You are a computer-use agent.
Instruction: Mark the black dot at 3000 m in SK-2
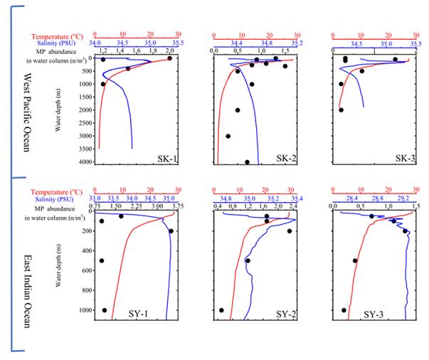click(228, 136)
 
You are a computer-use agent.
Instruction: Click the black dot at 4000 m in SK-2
click(247, 162)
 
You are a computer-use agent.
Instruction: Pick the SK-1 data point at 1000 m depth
click(103, 84)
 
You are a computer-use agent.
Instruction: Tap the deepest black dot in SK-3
click(341, 110)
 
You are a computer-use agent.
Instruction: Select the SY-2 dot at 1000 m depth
click(221, 310)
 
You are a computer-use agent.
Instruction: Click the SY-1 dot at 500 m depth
click(102, 260)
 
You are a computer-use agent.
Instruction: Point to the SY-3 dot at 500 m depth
click(355, 260)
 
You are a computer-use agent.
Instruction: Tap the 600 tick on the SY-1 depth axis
click(86, 270)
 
